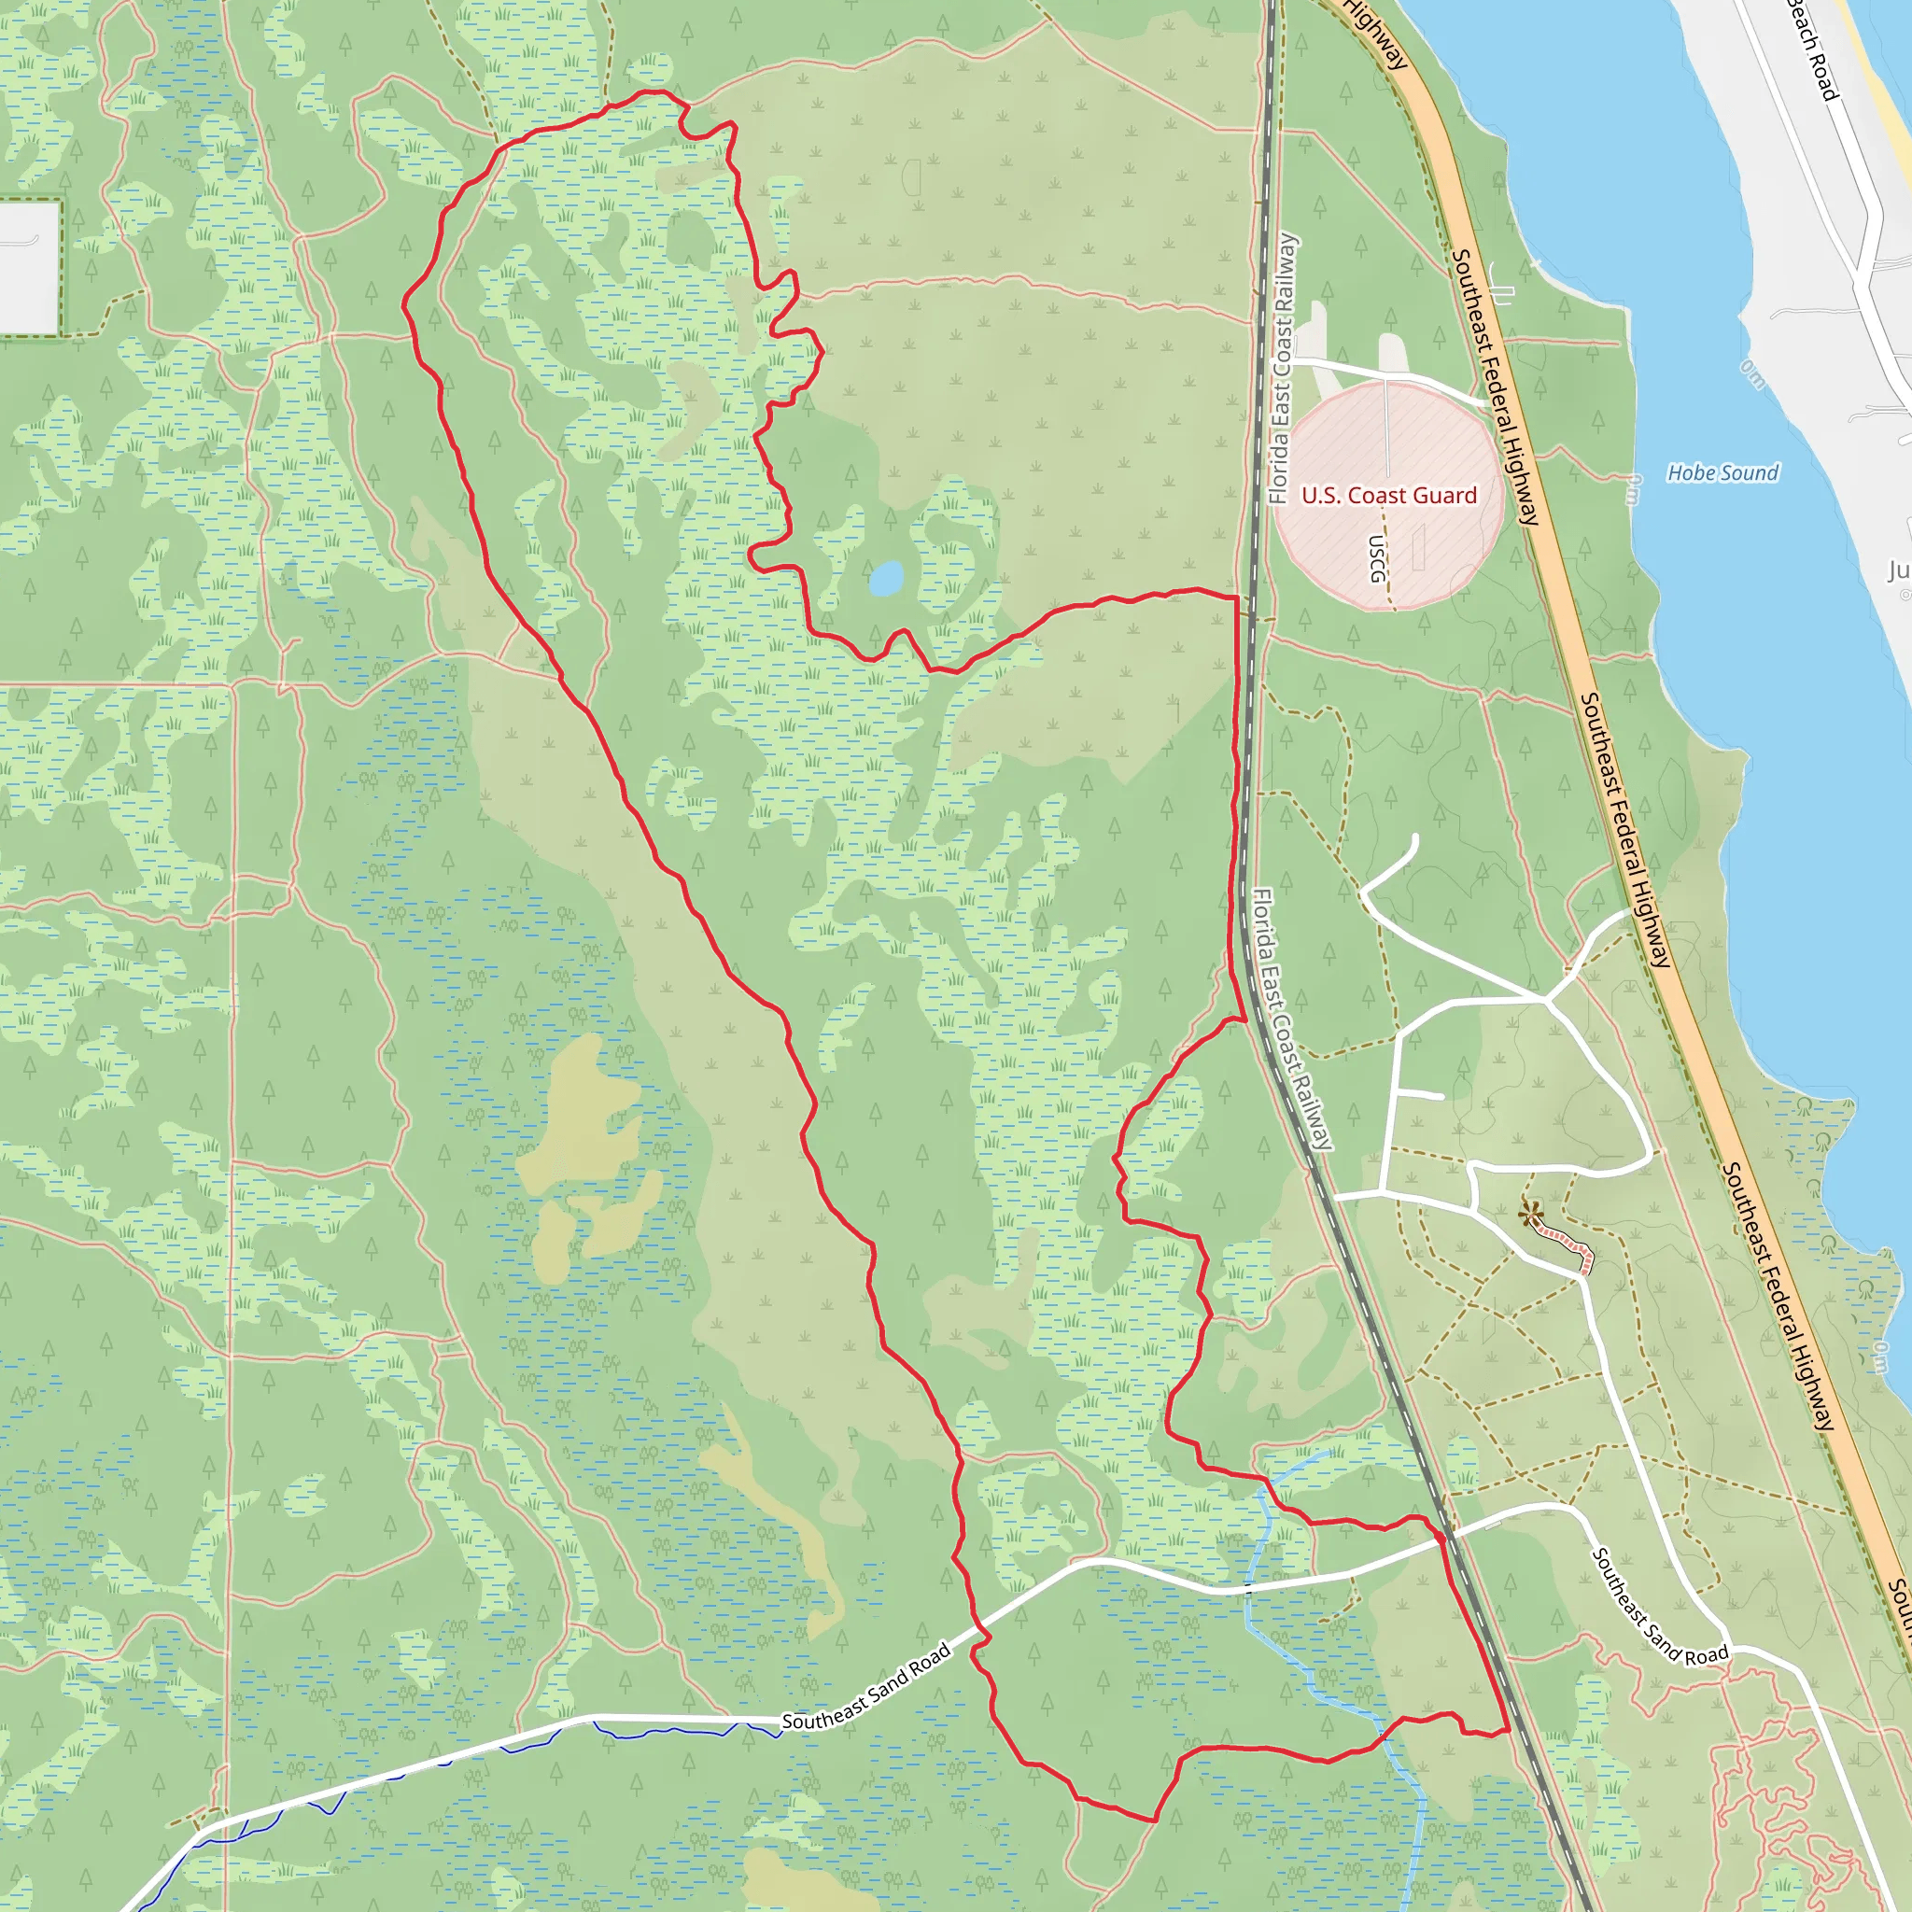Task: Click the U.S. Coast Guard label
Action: coord(1388,496)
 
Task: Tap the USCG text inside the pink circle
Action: coord(1377,559)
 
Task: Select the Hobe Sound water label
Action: coord(1723,473)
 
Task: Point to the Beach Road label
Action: coord(1813,49)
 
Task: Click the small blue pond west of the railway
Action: coord(886,578)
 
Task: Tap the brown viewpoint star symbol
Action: coord(1530,1214)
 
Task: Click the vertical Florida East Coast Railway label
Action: coord(1284,368)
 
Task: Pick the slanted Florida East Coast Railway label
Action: coord(1292,1019)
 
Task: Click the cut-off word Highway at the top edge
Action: coord(1377,35)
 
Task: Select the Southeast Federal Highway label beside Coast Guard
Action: coord(1496,386)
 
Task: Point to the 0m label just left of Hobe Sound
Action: coord(1633,489)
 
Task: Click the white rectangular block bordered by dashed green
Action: coord(29,268)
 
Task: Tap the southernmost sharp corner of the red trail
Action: coord(1155,1819)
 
